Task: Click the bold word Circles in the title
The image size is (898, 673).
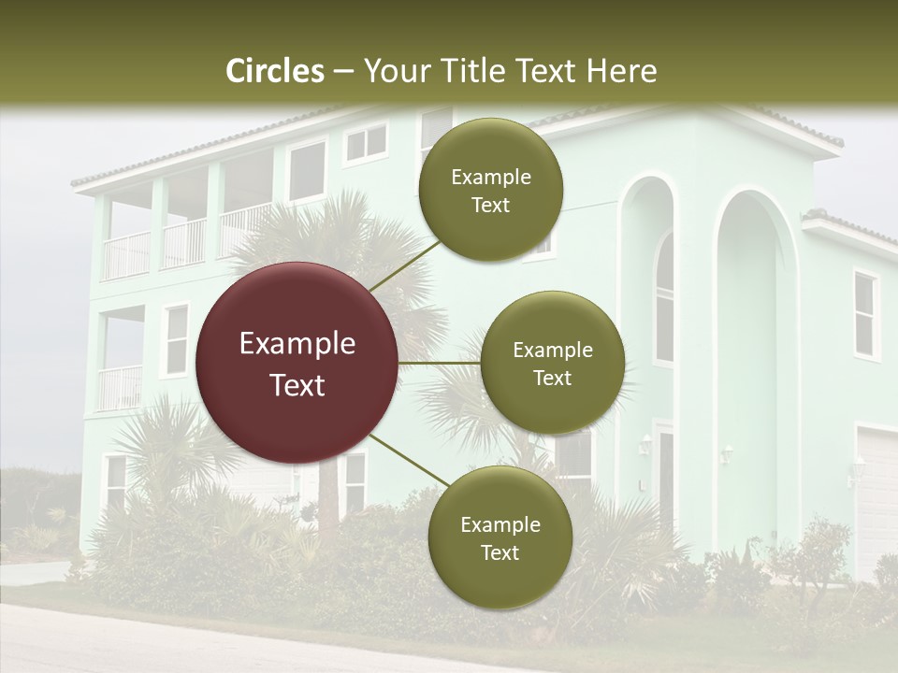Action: click(x=274, y=71)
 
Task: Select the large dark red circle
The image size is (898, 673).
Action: click(x=297, y=364)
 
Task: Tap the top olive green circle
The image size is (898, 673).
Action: click(x=490, y=191)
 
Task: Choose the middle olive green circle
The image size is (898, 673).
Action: click(x=552, y=364)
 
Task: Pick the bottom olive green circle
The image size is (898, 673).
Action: click(x=500, y=538)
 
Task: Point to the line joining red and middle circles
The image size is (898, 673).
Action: click(x=439, y=363)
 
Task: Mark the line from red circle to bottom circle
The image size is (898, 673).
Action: click(x=408, y=460)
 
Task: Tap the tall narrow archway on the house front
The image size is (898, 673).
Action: click(x=748, y=374)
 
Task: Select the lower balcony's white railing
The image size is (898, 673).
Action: click(x=120, y=386)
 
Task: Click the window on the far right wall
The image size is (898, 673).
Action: click(x=865, y=315)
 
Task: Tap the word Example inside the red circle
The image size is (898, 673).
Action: click(x=297, y=344)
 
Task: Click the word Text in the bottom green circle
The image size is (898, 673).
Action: click(x=500, y=552)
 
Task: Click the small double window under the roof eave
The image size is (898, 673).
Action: click(x=365, y=143)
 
